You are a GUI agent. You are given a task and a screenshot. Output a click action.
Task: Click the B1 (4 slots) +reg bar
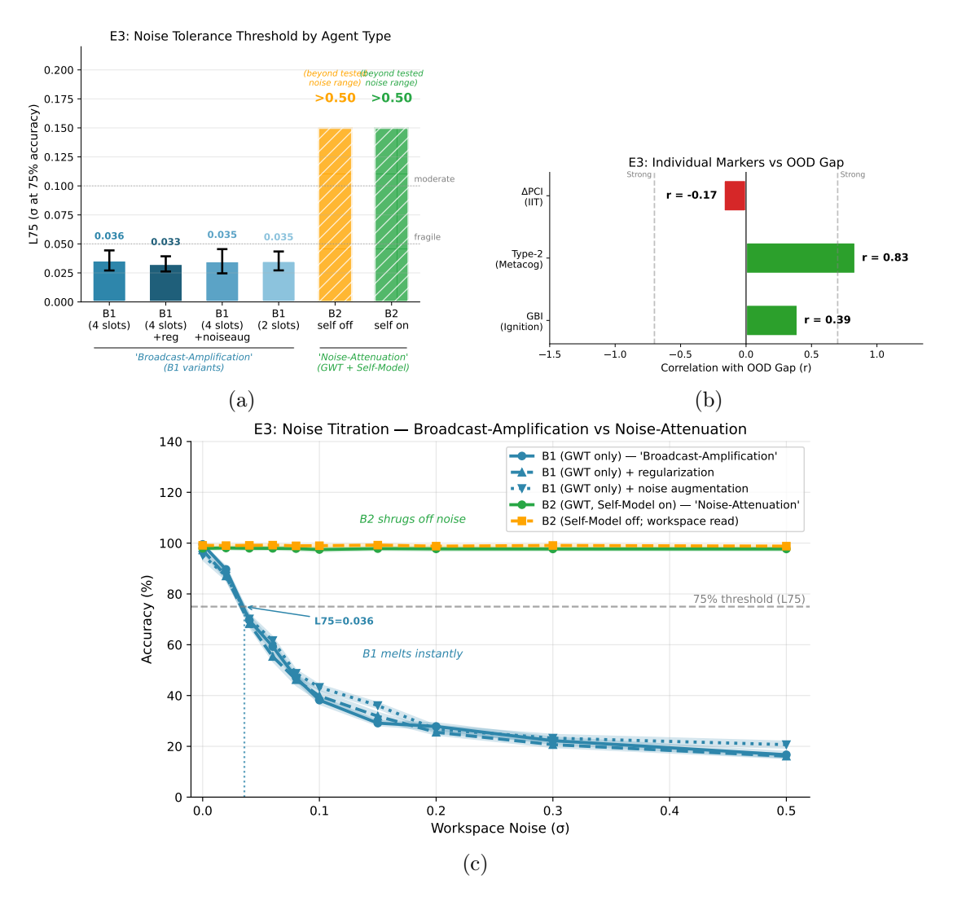165,283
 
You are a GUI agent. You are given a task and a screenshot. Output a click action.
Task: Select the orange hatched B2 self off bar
335,214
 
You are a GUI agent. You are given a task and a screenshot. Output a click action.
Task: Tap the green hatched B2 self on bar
391,214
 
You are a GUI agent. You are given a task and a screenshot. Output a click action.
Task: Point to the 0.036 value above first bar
109,236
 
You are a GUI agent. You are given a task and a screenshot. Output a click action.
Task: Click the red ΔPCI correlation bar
735,196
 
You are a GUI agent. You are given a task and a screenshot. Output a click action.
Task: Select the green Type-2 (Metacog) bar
800,257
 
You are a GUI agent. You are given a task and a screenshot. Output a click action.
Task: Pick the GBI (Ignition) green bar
771,320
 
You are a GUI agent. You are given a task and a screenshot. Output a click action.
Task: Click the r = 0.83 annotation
885,257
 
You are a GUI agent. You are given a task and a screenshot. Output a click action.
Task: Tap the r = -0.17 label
692,196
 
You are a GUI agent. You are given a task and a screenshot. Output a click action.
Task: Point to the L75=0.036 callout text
344,621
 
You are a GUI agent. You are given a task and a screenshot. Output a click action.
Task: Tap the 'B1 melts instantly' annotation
412,653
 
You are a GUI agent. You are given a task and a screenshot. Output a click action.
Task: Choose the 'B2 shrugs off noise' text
412,519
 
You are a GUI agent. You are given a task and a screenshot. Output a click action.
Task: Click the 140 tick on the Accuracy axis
172,442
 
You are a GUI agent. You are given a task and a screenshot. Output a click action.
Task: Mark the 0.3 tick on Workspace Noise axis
553,811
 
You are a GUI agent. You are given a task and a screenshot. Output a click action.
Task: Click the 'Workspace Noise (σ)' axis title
500,829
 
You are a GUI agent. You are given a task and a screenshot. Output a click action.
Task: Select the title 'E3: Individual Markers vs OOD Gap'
736,162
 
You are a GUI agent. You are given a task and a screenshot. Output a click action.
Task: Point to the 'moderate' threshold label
434,179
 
